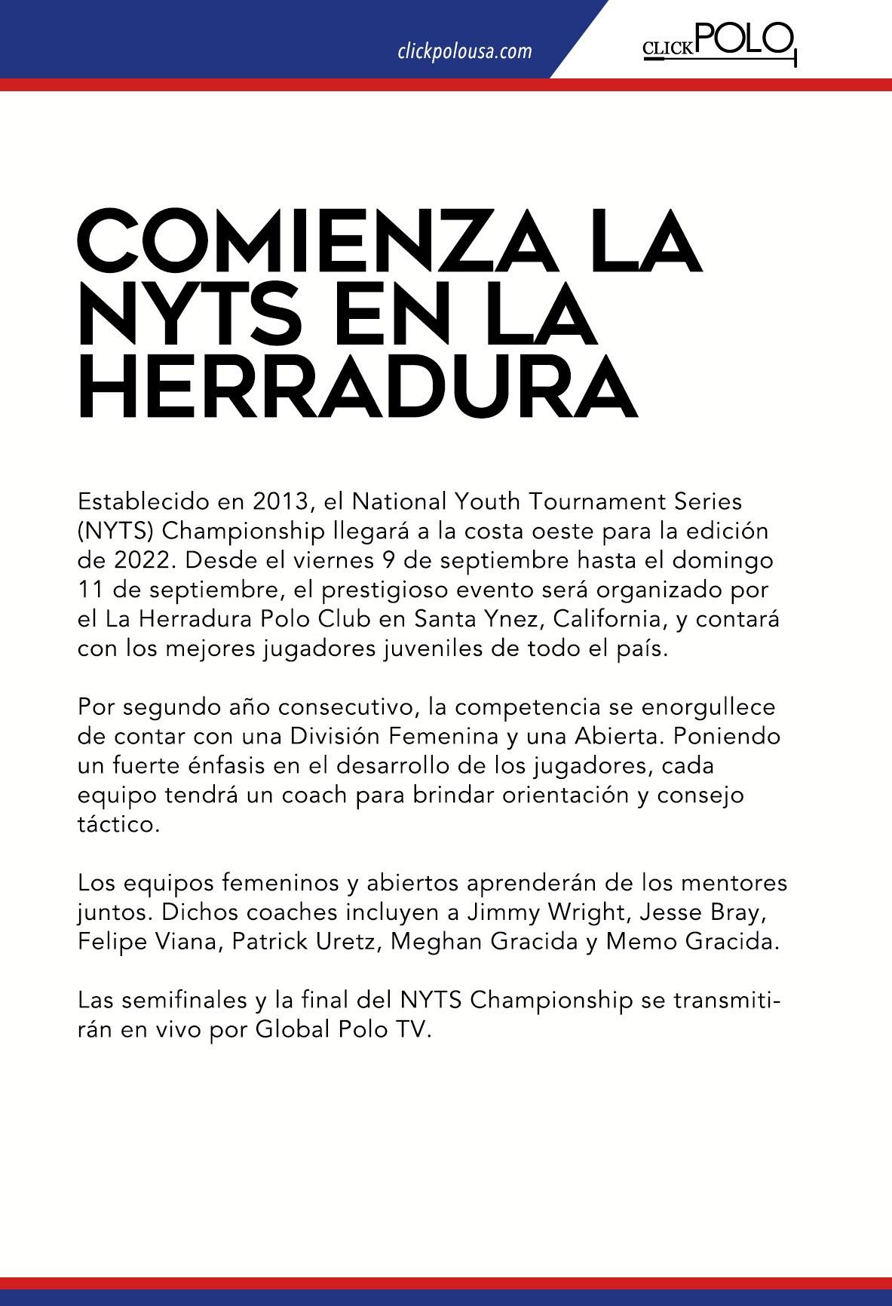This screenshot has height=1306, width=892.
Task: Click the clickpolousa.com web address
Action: (464, 51)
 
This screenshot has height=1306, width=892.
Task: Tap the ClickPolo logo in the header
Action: (719, 44)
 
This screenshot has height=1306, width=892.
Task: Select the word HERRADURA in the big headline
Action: (358, 387)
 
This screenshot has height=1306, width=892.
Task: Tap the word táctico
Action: (118, 824)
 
